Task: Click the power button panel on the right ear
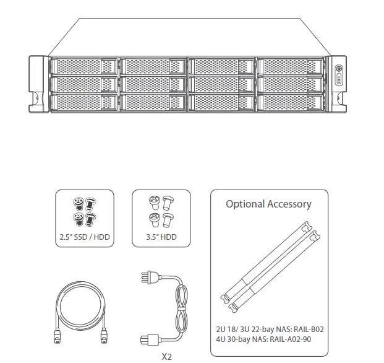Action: tap(338, 73)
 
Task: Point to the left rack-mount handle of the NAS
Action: tap(36, 84)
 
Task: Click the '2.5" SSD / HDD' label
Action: tap(84, 236)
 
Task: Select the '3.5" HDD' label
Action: tap(161, 236)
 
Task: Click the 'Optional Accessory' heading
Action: tap(268, 204)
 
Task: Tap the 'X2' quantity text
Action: tap(166, 357)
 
